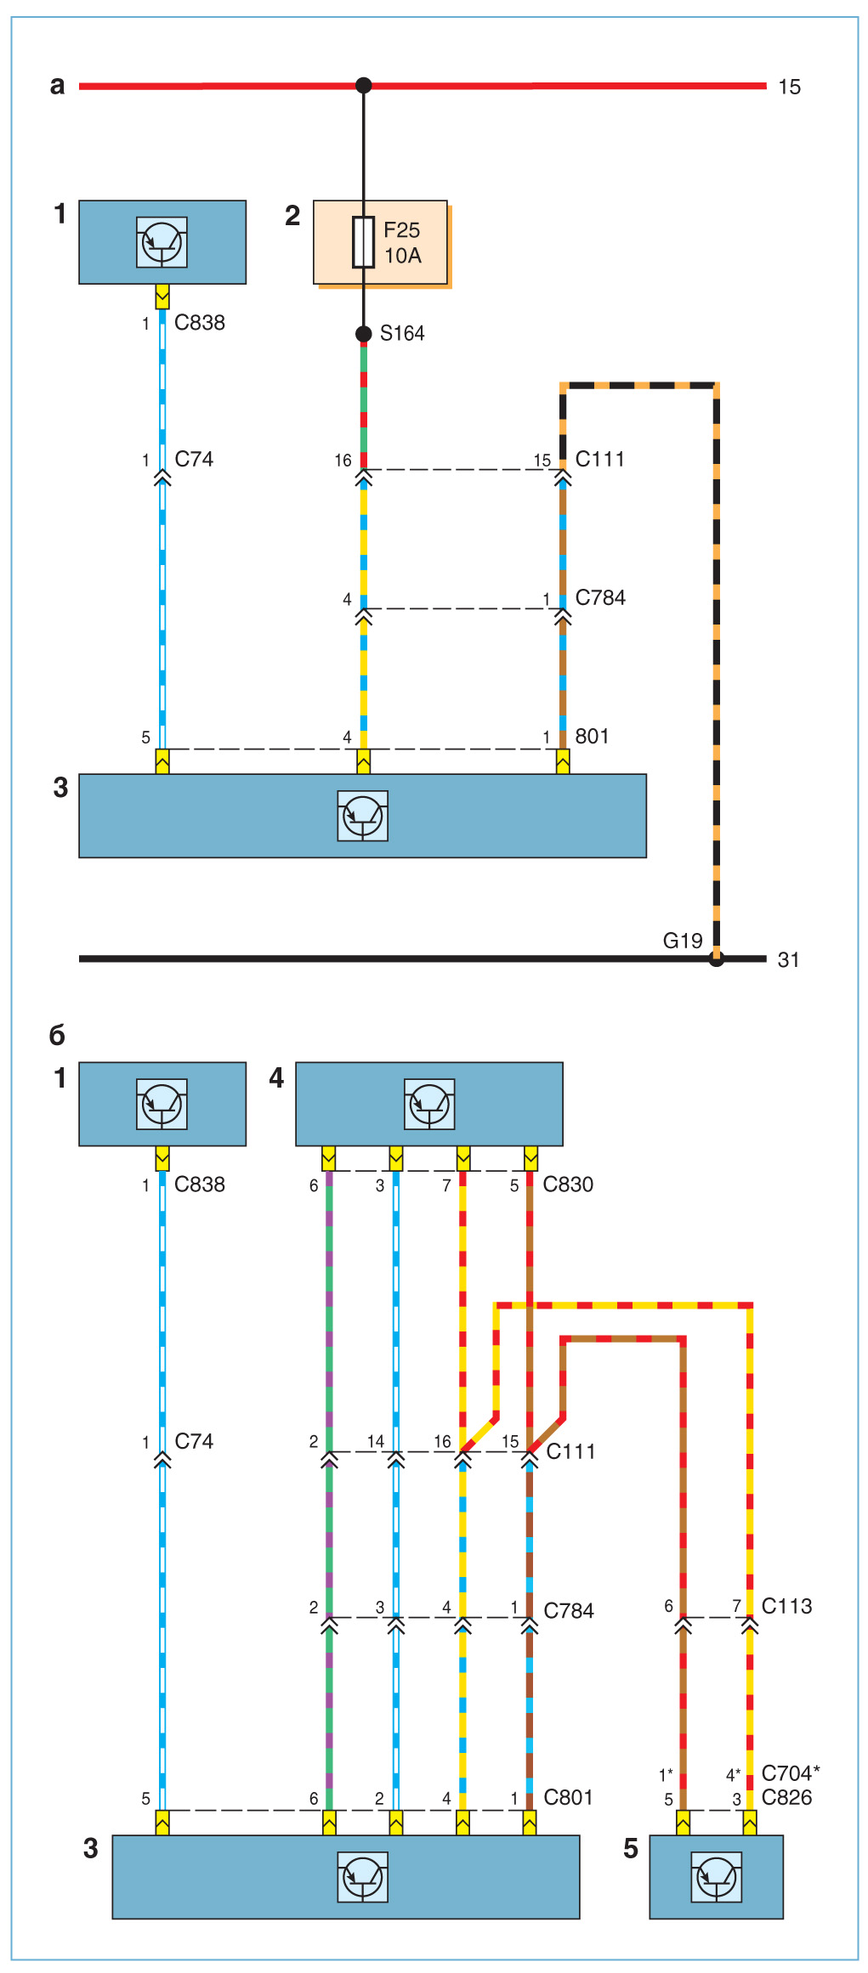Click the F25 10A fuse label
[402, 243]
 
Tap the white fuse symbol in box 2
[363, 243]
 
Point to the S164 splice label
[402, 333]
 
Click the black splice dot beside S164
[363, 334]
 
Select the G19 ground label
[683, 941]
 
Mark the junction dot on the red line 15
[363, 85]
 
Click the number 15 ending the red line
[789, 87]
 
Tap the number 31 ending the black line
[788, 960]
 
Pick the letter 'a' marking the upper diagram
[57, 86]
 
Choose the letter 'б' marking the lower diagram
[57, 1035]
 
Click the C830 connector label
[568, 1184]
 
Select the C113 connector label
[786, 1606]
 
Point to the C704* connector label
[790, 1773]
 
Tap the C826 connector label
[786, 1797]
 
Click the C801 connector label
[568, 1797]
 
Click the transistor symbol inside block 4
[429, 1104]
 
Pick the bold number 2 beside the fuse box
[292, 216]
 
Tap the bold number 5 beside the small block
[630, 1849]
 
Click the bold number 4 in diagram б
[276, 1078]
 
